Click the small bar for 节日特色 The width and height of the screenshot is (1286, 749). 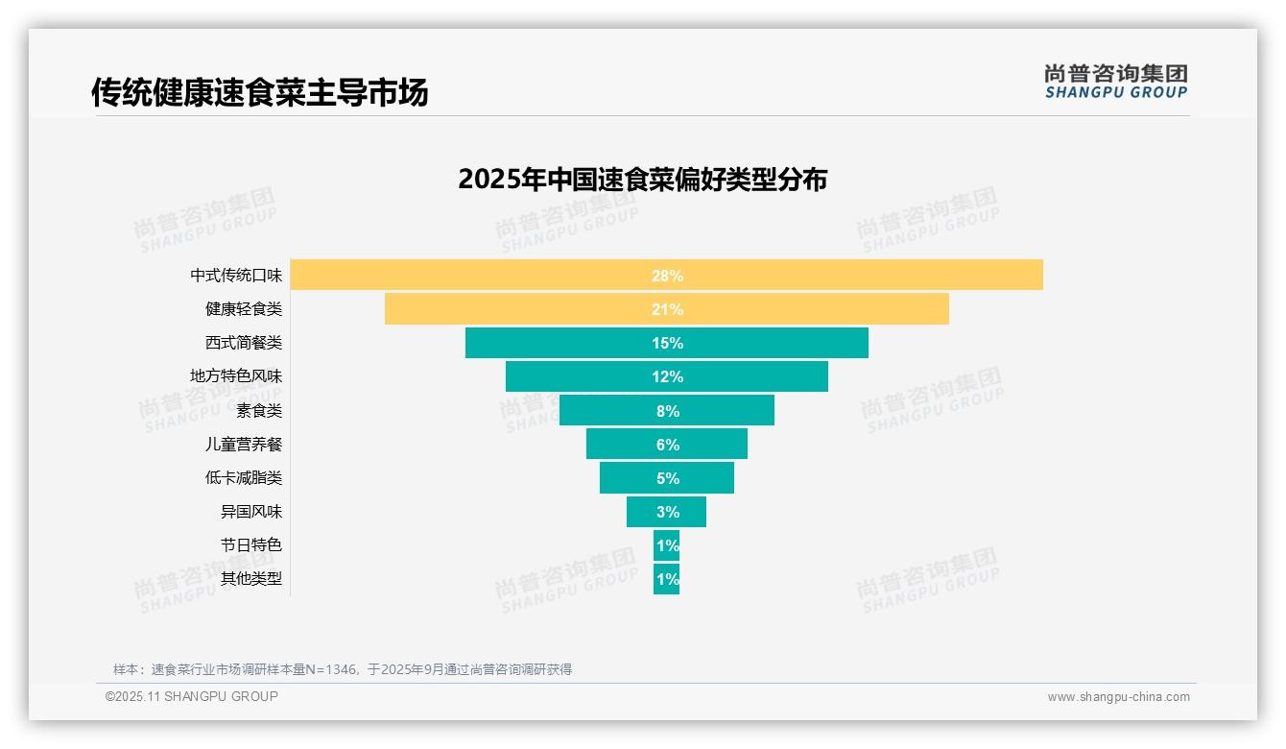tap(666, 545)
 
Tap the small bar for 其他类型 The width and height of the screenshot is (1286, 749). tap(666, 579)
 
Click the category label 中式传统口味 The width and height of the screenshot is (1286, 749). tap(236, 276)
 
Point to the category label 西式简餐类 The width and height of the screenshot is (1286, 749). tap(244, 343)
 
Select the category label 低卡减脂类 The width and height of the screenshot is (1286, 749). tap(244, 478)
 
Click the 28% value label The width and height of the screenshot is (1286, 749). tap(667, 276)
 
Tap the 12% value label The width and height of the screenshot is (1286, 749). tap(667, 376)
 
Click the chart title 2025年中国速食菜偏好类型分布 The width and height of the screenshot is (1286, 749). tap(642, 180)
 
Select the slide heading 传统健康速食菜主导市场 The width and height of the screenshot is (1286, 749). tap(259, 92)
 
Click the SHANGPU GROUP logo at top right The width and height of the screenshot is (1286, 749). tap(1115, 82)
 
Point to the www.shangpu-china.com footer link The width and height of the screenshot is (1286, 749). tap(1118, 697)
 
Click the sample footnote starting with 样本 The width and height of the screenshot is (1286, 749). tap(342, 669)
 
